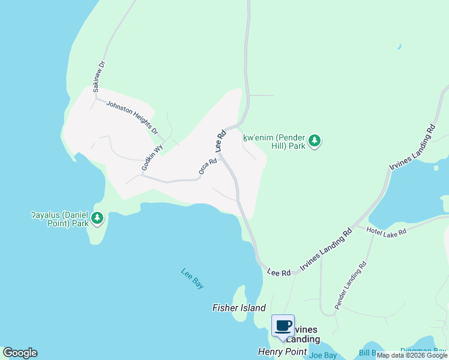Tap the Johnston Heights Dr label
click(x=131, y=117)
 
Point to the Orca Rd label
click(x=208, y=167)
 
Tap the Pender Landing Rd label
click(x=351, y=286)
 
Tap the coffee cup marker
click(x=283, y=326)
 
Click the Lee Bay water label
click(x=193, y=278)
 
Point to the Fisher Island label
click(x=239, y=308)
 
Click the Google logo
click(x=20, y=353)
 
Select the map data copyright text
click(x=412, y=356)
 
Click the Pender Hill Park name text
click(x=274, y=142)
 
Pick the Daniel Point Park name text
click(x=60, y=218)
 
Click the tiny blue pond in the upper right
click(x=399, y=46)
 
